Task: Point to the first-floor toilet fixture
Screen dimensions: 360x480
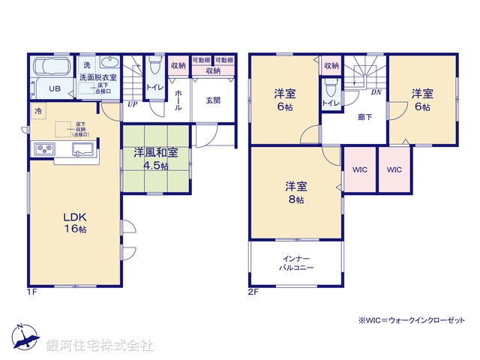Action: [x=155, y=67]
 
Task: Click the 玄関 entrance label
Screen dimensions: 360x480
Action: [x=212, y=100]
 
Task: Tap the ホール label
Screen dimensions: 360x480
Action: [x=178, y=100]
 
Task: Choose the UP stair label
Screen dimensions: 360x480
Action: [x=132, y=105]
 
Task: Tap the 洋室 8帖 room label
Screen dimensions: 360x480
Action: [x=294, y=192]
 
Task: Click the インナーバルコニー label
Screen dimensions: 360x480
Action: [x=295, y=262]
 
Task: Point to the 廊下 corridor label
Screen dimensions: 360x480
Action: [x=364, y=116]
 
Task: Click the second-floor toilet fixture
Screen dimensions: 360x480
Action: [x=330, y=85]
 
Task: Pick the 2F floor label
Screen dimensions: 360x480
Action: [x=252, y=292]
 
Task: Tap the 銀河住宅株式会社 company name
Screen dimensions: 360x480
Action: [x=100, y=346]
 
